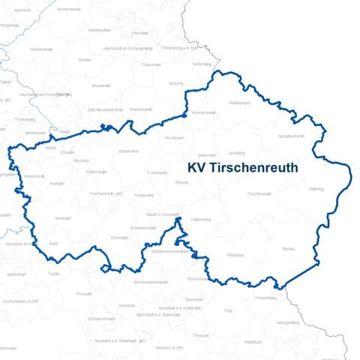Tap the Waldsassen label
click(239, 102)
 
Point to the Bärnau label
click(288, 247)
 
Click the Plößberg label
click(235, 256)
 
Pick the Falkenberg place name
click(200, 219)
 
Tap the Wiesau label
click(181, 182)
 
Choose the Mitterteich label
click(207, 154)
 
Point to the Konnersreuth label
click(204, 112)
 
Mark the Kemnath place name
click(63, 218)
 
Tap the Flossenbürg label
click(287, 298)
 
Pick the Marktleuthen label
click(100, 30)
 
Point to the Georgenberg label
click(288, 322)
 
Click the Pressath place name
click(84, 293)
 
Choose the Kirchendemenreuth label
click(151, 282)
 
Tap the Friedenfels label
click(144, 195)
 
